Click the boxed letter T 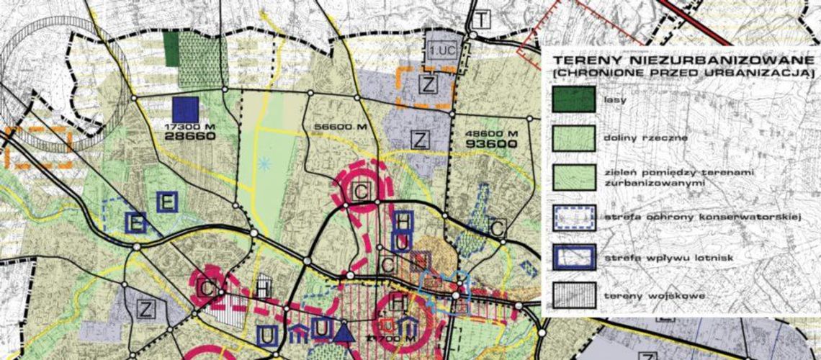(480, 19)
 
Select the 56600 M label (337, 128)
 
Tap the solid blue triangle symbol (344, 332)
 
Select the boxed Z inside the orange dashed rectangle (429, 85)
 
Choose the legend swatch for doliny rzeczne (573, 138)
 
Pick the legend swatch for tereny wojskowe (573, 294)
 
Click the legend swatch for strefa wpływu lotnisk (573, 256)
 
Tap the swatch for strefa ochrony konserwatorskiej (573, 217)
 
